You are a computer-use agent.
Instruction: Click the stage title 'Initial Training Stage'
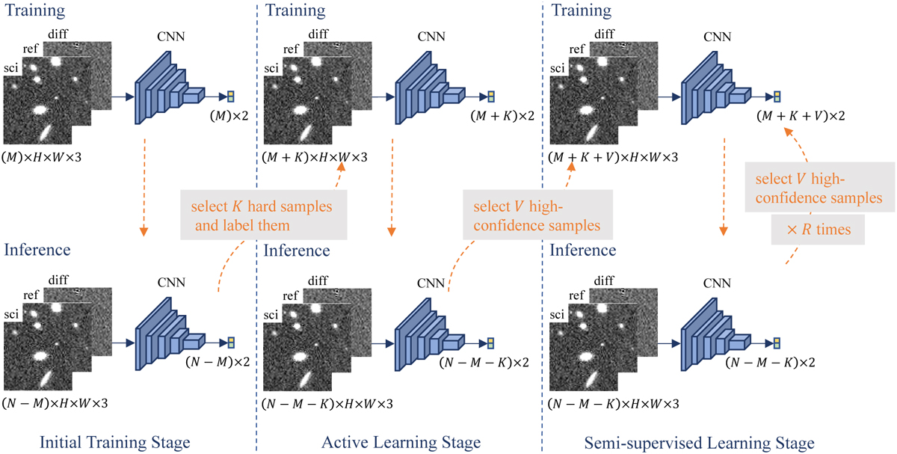point(114,442)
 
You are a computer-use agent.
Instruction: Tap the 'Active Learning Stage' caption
point(401,442)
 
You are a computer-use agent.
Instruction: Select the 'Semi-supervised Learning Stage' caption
point(699,443)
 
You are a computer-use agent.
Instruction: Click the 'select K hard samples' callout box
point(263,215)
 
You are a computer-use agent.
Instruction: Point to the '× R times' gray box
point(818,230)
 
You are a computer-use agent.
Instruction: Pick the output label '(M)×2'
point(229,116)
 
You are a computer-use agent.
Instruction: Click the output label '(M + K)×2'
point(502,116)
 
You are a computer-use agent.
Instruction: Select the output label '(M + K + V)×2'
point(801,116)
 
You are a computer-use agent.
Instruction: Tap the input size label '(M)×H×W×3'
point(42,157)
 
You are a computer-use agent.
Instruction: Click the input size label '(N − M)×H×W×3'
point(55,403)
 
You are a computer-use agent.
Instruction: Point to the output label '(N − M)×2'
point(218,362)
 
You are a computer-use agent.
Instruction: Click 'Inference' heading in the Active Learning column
point(297,251)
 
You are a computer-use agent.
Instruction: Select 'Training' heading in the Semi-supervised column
point(582,10)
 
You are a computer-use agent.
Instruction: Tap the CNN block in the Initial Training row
point(170,88)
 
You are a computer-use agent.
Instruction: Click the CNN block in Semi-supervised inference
point(716,334)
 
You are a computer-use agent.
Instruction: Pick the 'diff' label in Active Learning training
point(318,34)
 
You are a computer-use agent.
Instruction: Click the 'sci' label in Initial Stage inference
point(11,314)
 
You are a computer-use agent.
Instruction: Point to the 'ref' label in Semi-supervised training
point(576,49)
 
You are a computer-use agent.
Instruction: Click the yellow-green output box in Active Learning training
point(491,96)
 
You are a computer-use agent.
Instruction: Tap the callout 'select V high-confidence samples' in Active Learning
point(537,215)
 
